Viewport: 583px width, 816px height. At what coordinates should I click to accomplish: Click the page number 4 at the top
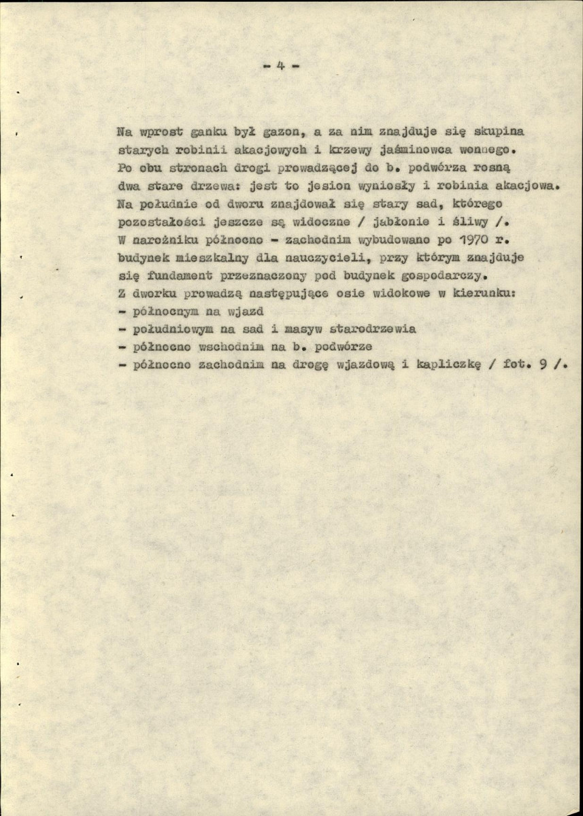281,66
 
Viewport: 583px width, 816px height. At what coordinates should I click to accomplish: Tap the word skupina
499,131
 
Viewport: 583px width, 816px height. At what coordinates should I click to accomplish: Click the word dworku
157,294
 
